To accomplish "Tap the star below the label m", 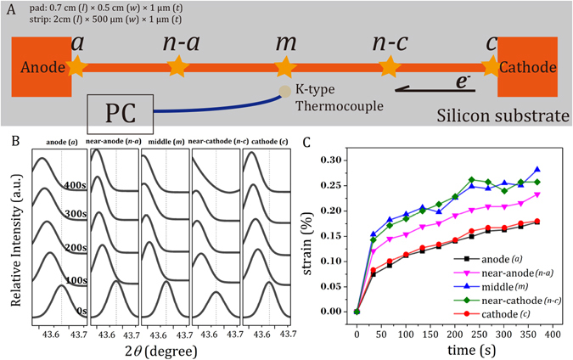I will tap(284, 65).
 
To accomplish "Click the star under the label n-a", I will tap(177, 65).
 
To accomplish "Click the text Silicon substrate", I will tap(503, 114).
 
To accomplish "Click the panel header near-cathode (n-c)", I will tap(216, 142).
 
